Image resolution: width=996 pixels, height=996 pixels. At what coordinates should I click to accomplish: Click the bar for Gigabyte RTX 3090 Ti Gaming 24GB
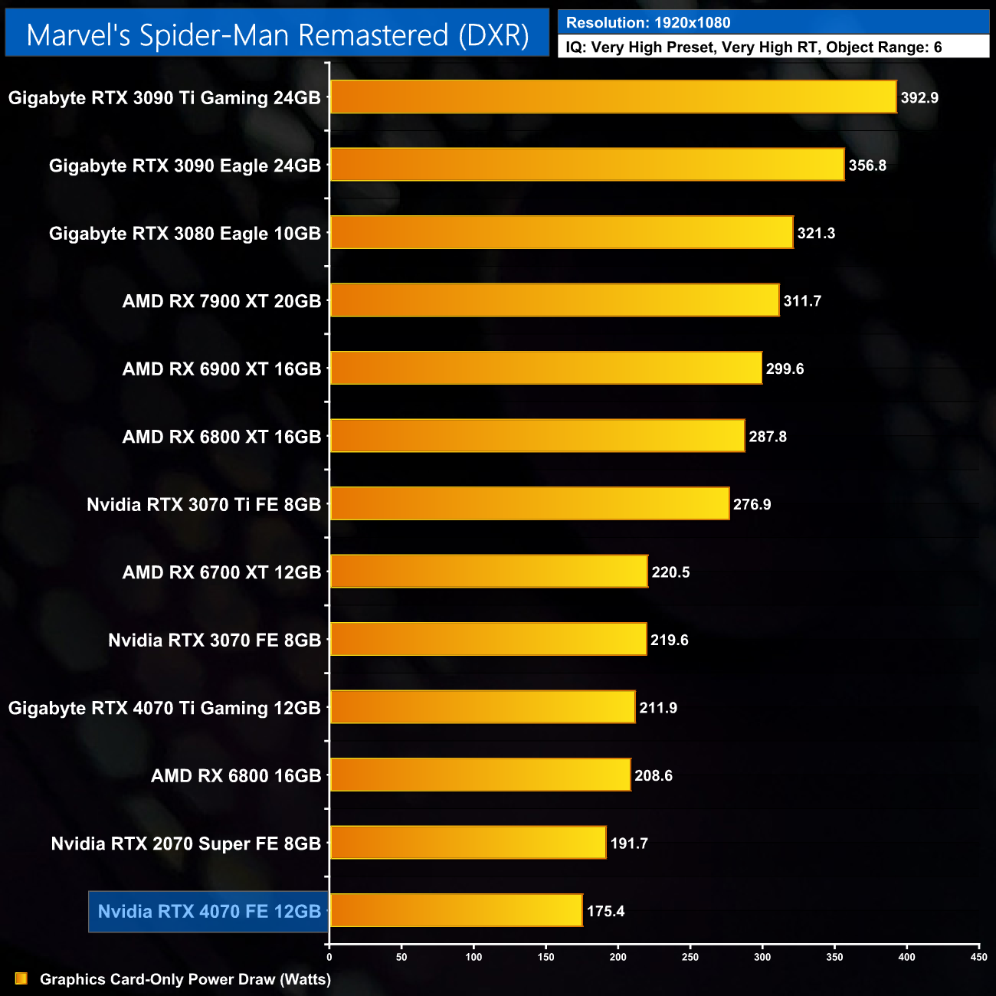613,97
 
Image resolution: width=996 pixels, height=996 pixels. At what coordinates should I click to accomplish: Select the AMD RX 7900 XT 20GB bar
554,300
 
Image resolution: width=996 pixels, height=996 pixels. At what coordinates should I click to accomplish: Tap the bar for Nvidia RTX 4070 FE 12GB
456,910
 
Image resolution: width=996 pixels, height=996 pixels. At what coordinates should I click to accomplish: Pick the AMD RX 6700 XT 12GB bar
489,572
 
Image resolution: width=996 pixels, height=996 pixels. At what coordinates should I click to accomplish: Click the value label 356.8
867,165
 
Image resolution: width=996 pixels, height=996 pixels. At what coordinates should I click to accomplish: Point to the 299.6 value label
785,369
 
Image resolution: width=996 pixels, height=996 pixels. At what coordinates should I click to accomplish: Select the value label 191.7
629,844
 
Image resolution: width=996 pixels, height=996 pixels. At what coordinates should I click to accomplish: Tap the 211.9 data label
658,708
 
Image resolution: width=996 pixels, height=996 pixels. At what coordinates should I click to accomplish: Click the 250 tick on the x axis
690,957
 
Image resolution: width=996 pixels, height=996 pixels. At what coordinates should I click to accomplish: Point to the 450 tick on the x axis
978,957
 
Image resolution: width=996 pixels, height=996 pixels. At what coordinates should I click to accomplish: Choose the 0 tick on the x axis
329,957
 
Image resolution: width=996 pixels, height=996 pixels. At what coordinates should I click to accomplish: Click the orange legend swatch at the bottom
21,978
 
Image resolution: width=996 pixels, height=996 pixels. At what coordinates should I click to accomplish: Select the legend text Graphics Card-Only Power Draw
185,979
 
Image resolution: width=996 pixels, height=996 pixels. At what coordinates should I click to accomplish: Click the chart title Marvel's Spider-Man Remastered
277,35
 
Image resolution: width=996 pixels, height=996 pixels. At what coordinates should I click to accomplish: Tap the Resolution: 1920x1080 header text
648,23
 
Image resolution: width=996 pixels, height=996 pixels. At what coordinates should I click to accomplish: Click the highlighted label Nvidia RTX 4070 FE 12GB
209,912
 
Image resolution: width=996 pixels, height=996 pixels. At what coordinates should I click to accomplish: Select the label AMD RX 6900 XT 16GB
221,369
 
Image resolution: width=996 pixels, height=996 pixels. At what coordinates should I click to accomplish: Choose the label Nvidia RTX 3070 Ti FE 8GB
204,505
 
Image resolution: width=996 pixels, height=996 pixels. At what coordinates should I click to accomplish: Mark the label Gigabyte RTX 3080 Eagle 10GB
185,234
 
